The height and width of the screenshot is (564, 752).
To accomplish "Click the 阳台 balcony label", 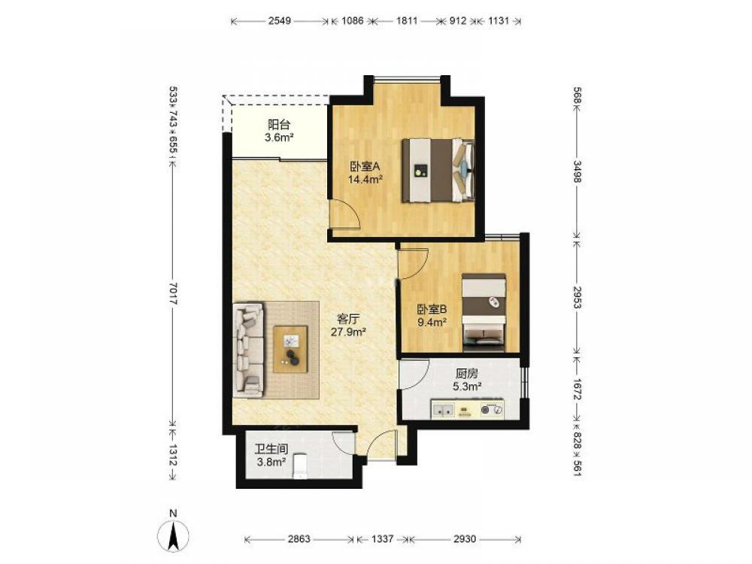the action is tap(279, 125).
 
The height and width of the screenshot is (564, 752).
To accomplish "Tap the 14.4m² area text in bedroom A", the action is tap(365, 180).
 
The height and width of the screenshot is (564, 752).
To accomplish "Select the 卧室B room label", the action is tap(432, 309).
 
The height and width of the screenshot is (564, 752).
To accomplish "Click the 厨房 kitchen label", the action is tap(467, 373).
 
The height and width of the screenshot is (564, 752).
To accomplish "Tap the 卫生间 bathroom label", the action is tap(271, 450).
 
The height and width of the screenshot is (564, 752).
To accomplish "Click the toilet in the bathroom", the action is tap(300, 465).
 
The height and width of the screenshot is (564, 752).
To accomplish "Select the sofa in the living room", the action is tap(248, 350).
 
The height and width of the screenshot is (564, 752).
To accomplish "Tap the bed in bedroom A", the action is tap(438, 171).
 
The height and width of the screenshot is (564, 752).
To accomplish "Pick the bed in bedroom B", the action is tap(484, 312).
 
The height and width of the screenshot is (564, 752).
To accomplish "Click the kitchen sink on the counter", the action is tap(443, 410).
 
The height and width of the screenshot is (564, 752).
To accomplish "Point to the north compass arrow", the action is tap(174, 535).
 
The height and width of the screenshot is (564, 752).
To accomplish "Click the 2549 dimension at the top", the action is tap(280, 21).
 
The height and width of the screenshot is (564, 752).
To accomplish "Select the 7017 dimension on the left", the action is tap(174, 293).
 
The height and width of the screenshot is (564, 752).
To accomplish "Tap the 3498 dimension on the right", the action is tap(578, 171).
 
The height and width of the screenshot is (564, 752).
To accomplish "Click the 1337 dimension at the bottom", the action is tap(382, 539).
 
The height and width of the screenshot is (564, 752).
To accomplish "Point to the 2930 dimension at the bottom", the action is tap(464, 539).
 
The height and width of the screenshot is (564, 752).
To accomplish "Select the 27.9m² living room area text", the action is tap(349, 332).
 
